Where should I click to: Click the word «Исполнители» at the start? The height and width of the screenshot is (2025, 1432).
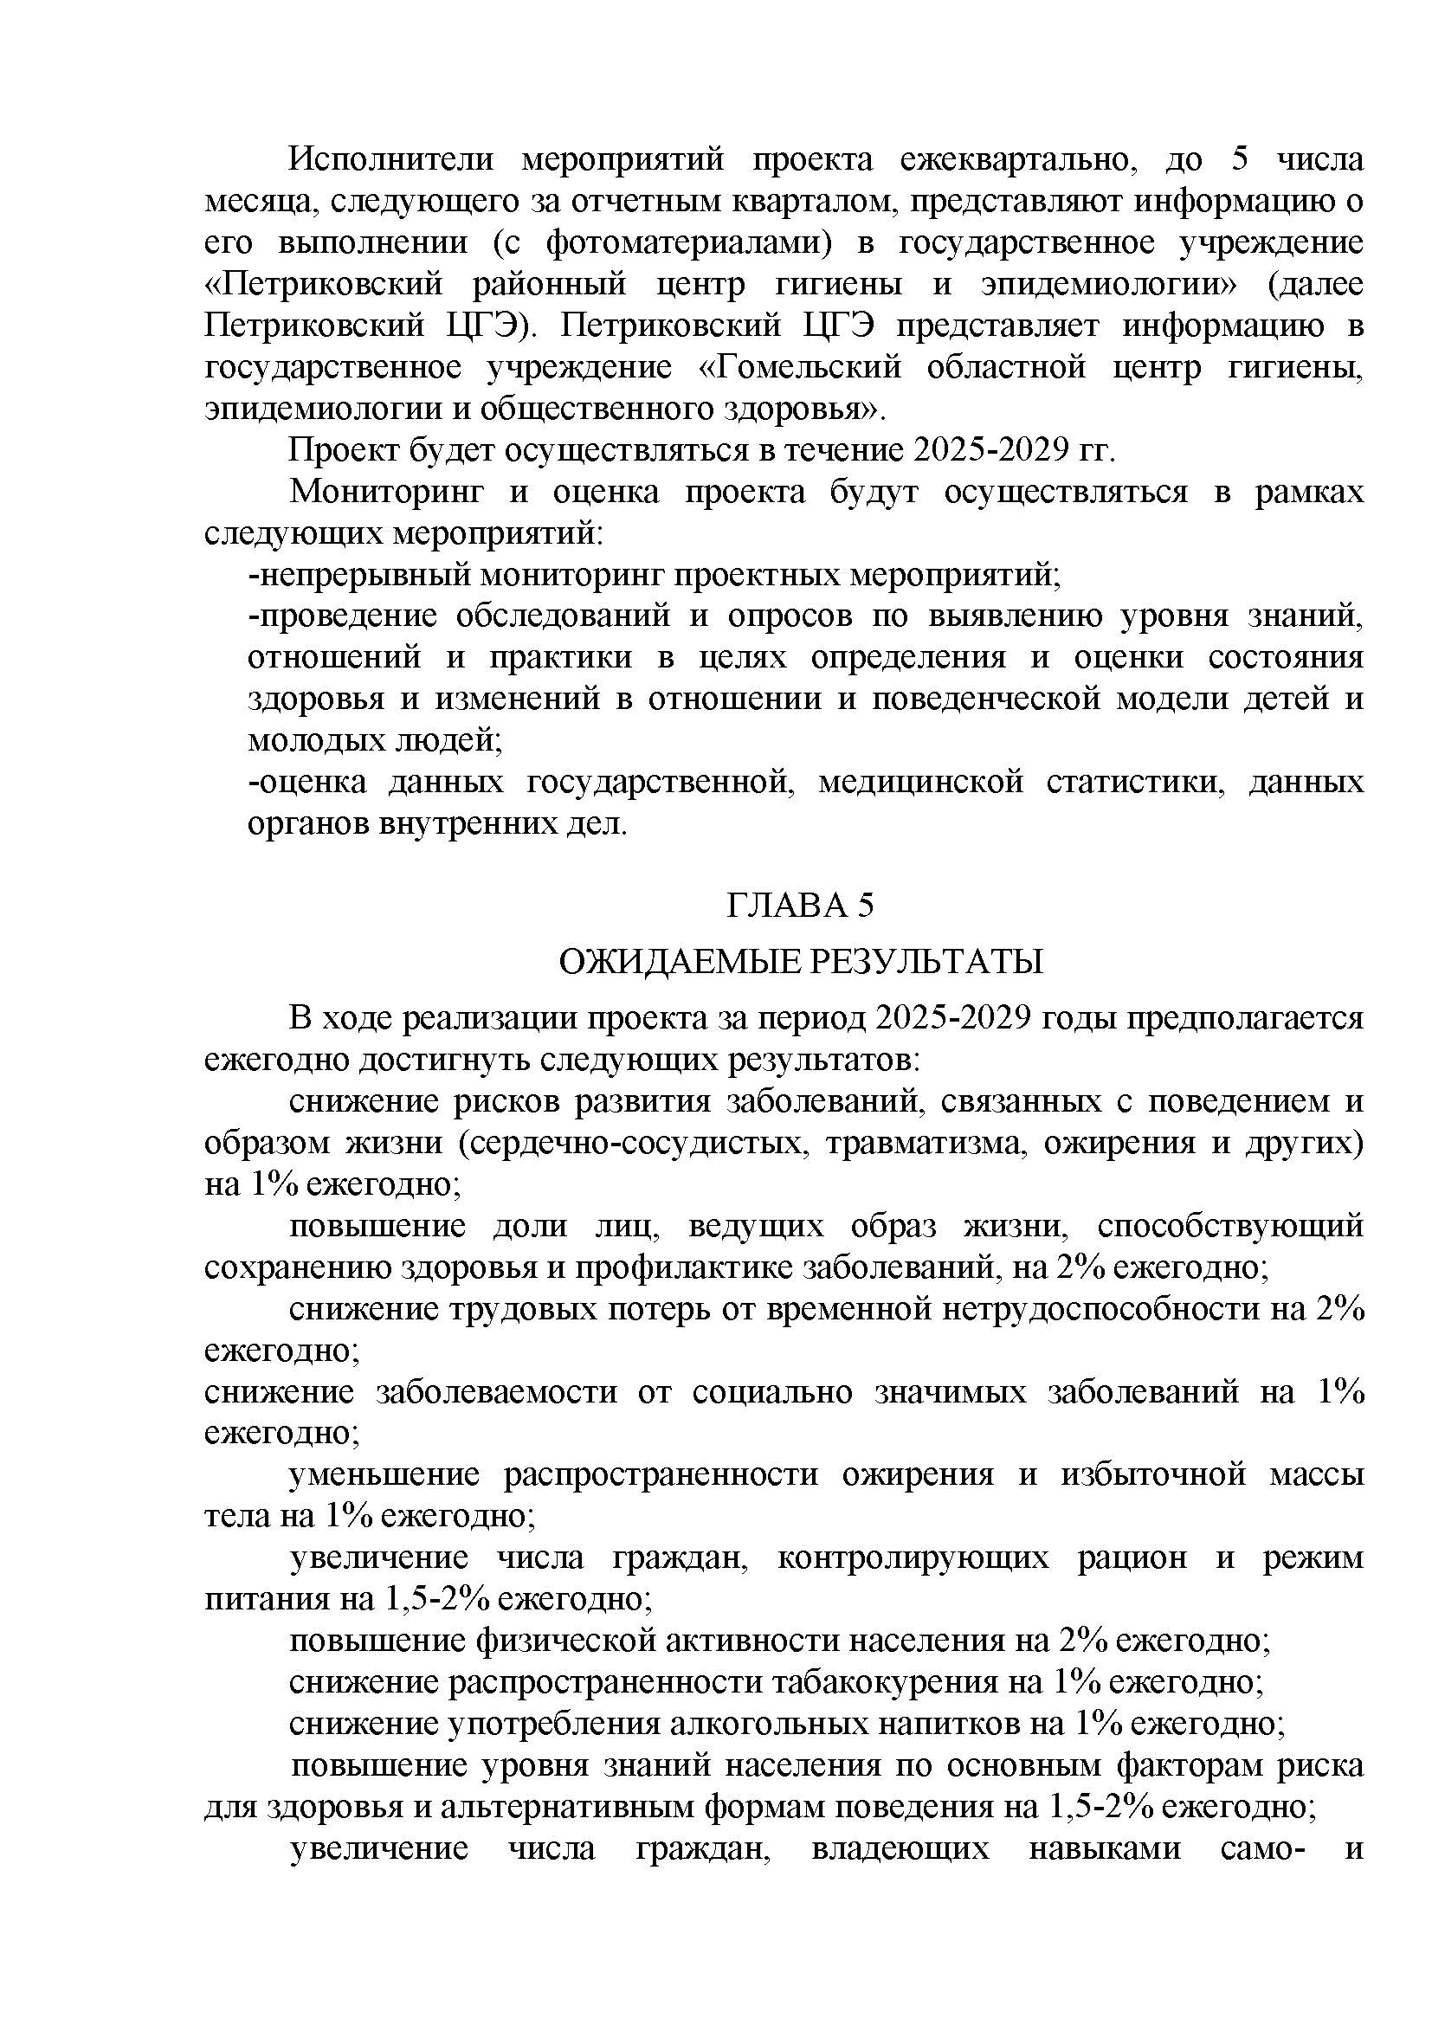(392, 159)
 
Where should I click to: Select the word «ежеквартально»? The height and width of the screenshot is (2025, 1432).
(1020, 159)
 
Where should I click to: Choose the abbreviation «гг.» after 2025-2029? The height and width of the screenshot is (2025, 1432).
(1098, 451)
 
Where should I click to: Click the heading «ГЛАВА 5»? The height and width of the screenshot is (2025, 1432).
(800, 906)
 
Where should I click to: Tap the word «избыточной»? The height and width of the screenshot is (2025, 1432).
(1153, 1475)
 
